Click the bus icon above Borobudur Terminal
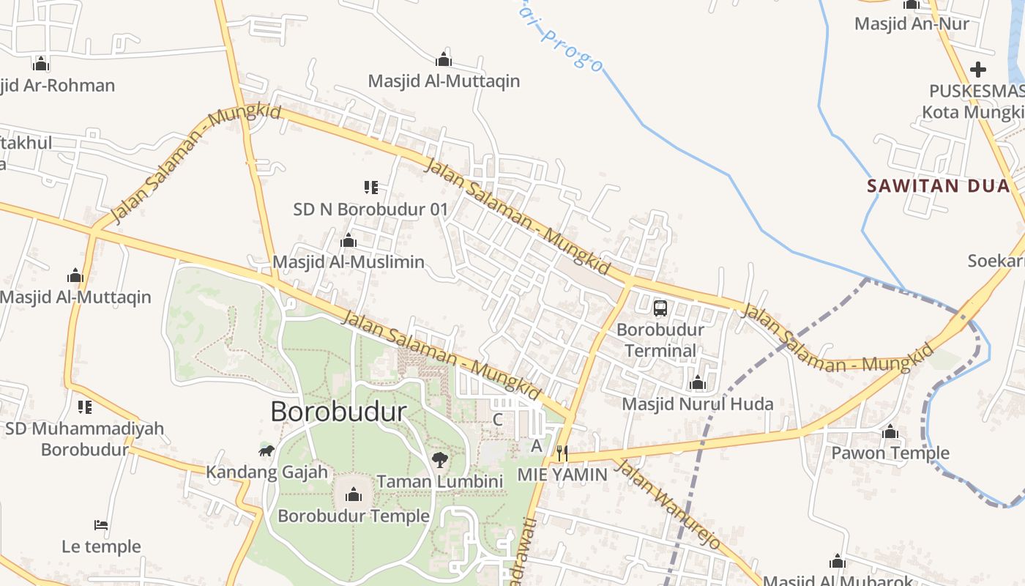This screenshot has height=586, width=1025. (x=660, y=308)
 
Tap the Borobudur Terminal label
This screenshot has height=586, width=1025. (x=660, y=340)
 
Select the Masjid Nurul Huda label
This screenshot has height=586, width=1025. (x=697, y=404)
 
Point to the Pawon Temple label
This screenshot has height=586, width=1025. (x=890, y=453)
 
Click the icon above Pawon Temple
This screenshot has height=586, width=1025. (x=890, y=432)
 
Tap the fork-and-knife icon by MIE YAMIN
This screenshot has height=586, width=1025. (x=562, y=453)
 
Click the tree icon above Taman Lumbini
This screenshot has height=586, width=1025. (x=439, y=460)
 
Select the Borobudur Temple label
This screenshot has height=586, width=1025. (x=354, y=516)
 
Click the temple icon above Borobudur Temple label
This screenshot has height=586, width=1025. (x=354, y=495)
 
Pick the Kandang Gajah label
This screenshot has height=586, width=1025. (x=266, y=472)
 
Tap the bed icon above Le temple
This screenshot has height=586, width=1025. (x=101, y=524)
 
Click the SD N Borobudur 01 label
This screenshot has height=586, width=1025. (x=370, y=209)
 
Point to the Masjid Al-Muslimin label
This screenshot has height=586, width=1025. (x=348, y=262)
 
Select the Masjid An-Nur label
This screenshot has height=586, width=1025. (x=912, y=23)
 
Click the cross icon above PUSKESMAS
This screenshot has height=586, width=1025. (x=978, y=70)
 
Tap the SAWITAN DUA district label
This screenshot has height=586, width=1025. (x=939, y=185)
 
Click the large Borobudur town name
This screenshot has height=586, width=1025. (x=338, y=412)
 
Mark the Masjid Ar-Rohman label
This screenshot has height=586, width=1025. (x=57, y=85)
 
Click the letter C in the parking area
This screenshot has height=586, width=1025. (x=497, y=420)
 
